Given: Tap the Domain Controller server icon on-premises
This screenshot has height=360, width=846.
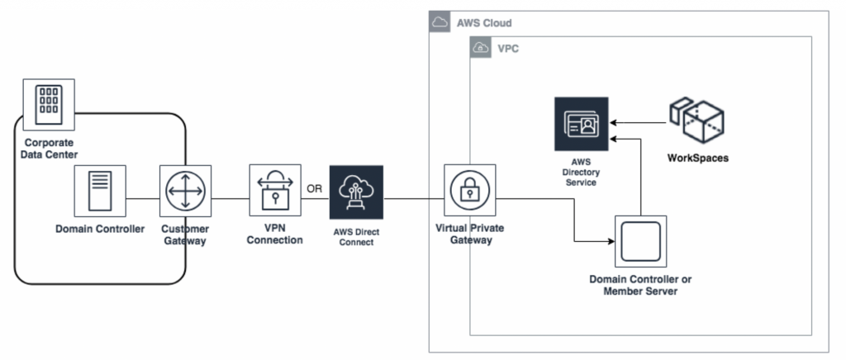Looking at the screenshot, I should tap(100, 190).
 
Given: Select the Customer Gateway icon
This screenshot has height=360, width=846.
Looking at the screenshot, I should tap(185, 192).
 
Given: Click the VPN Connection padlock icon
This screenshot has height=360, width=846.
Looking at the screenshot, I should tap(276, 191).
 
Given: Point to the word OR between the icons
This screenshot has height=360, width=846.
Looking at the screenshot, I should tap(315, 188).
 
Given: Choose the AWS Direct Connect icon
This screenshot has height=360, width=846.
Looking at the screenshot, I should tap(356, 192).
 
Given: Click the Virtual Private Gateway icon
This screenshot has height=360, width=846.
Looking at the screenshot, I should tap(469, 192).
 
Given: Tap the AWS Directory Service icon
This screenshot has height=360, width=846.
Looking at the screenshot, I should tap(581, 124).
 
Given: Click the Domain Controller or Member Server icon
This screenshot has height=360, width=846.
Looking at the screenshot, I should tap(640, 242).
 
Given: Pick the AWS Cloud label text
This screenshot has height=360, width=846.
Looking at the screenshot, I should tap(484, 22).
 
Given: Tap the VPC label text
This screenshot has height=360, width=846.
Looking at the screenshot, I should tap(507, 49).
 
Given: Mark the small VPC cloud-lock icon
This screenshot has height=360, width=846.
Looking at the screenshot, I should tap(480, 48).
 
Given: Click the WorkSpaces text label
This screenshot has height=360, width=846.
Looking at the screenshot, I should tap(697, 157).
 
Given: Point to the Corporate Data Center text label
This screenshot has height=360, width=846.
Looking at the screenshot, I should tap(49, 148).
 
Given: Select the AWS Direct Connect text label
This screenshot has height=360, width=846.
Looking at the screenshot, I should tap(356, 236).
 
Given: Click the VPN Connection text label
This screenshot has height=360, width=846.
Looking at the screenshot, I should tap(276, 234).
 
